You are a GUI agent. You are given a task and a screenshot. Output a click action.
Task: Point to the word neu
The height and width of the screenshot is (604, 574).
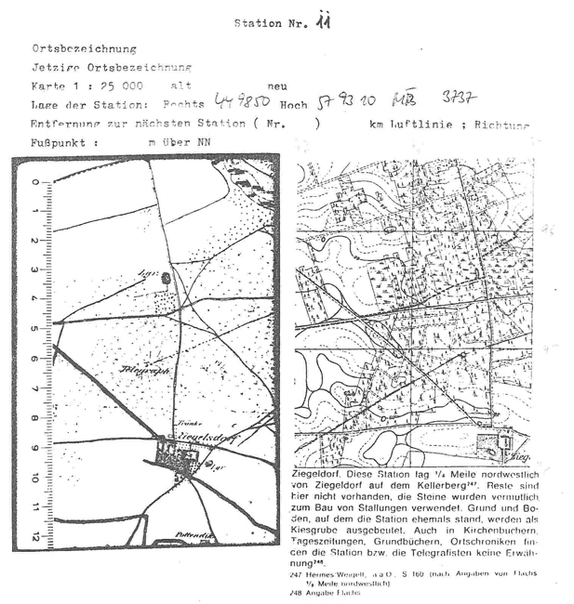276,85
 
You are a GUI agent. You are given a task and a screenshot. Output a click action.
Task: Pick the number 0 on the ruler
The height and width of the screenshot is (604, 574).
34,181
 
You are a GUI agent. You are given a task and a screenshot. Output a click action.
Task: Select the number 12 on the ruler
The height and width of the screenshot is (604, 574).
34,538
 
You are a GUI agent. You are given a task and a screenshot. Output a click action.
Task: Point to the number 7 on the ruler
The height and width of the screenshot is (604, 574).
34,389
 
